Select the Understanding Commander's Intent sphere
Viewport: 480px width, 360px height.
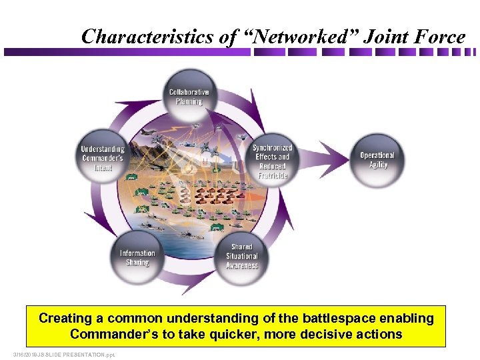(103, 158)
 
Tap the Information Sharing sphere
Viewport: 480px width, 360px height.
(137, 257)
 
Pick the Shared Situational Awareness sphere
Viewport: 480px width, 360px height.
(241, 256)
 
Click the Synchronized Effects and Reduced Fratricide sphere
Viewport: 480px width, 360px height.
(272, 161)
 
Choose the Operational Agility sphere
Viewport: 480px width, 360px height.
(377, 160)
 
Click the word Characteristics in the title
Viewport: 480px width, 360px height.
(147, 37)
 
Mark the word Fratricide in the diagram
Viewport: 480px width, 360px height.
(272, 175)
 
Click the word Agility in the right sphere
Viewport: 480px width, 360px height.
(378, 165)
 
